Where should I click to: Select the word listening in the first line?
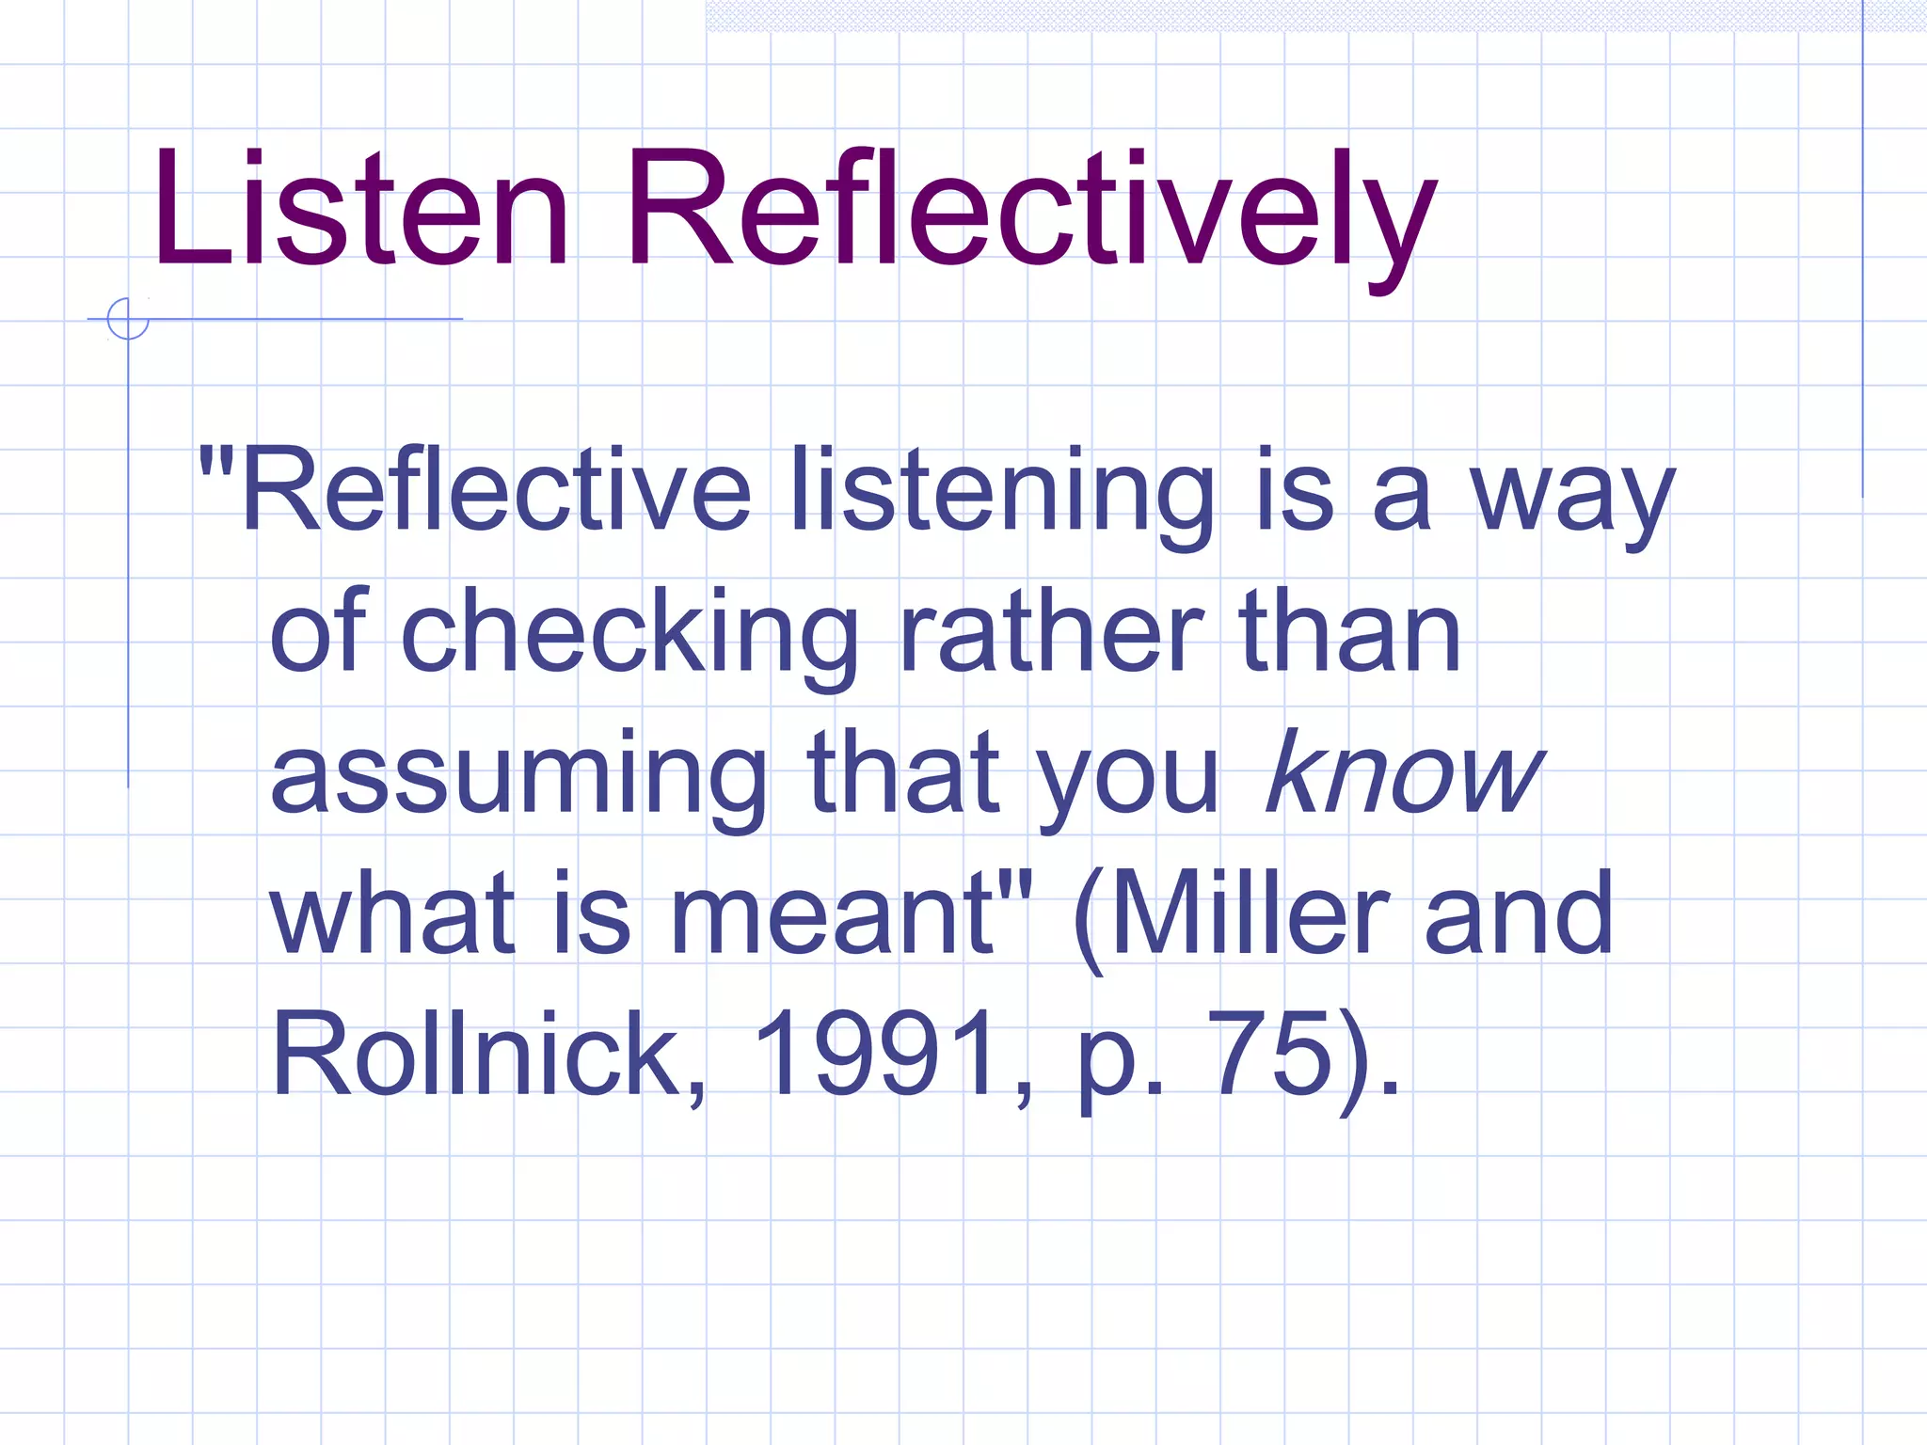(x=1001, y=494)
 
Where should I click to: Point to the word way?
(x=1572, y=499)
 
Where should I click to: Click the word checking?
(x=629, y=632)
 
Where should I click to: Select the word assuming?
(x=518, y=776)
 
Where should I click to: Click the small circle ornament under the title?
(x=128, y=319)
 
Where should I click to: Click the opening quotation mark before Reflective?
(x=215, y=460)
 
